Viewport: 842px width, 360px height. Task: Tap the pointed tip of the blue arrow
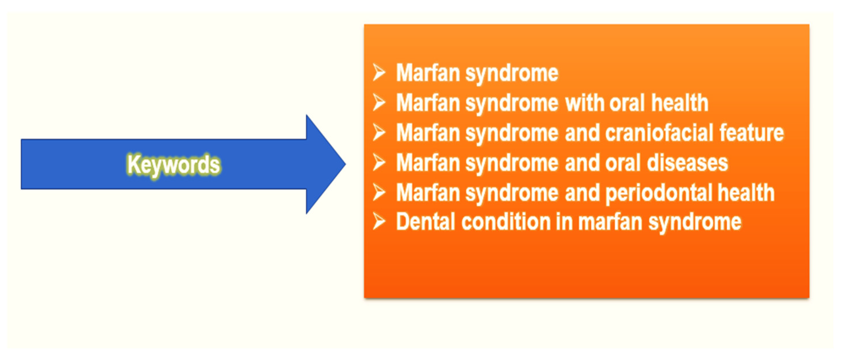(345, 164)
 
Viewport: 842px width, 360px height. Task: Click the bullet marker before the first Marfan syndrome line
(379, 72)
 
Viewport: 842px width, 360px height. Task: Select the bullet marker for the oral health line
(379, 102)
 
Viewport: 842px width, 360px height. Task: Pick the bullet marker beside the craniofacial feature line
(379, 133)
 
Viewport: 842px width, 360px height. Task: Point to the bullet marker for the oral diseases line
(379, 163)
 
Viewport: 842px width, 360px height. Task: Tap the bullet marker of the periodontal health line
(379, 192)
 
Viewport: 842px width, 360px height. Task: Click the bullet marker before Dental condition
(379, 222)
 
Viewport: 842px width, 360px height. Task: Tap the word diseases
(687, 163)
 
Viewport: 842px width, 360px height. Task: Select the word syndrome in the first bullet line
(512, 73)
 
